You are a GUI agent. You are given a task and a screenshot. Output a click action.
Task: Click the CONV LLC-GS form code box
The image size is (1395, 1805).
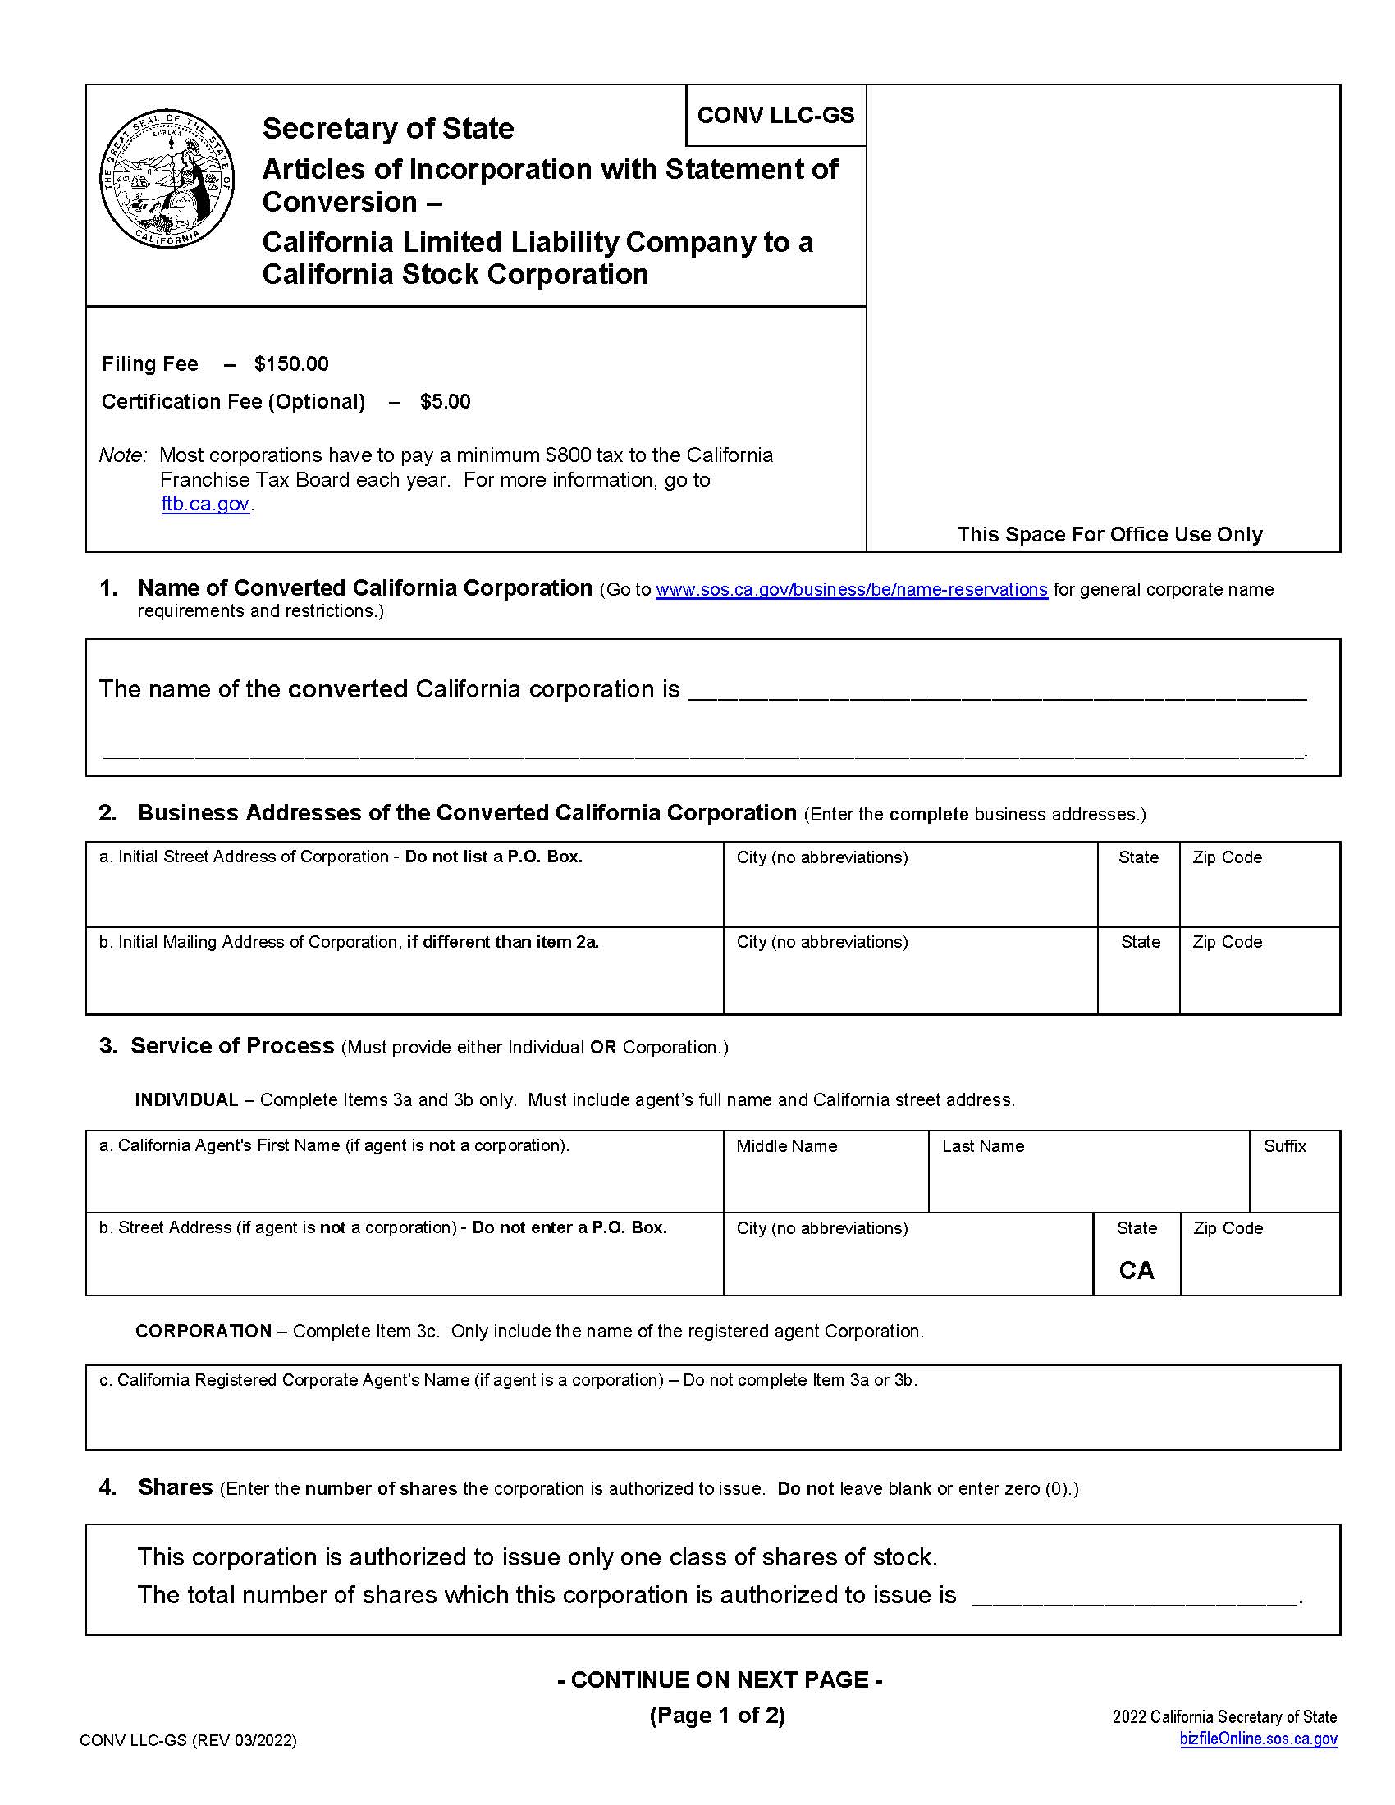(775, 115)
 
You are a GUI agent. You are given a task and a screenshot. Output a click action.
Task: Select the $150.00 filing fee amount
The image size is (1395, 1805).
(291, 363)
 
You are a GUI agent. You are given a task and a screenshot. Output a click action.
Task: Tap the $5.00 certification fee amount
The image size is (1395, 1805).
(445, 402)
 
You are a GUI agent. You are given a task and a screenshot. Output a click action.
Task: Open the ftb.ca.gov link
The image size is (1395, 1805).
(205, 503)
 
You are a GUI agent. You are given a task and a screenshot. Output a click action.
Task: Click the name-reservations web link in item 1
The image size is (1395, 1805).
(851, 589)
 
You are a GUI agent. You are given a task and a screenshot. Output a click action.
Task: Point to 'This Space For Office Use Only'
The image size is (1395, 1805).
(1109, 534)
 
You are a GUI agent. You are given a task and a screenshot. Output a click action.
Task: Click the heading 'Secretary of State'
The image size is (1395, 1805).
(387, 128)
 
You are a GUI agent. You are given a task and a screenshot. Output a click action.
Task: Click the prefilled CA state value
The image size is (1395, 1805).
(1136, 1270)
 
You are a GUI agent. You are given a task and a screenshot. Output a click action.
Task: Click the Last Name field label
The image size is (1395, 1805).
(982, 1146)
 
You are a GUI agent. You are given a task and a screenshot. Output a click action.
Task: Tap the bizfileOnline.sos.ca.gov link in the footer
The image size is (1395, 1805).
(1258, 1739)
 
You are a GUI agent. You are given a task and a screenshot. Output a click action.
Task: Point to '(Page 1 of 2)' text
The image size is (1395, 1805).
(717, 1716)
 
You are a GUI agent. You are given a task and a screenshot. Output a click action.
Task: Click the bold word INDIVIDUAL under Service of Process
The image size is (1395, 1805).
(186, 1100)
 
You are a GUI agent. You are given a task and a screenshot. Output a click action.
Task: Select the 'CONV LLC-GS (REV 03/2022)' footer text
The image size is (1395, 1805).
(188, 1740)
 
